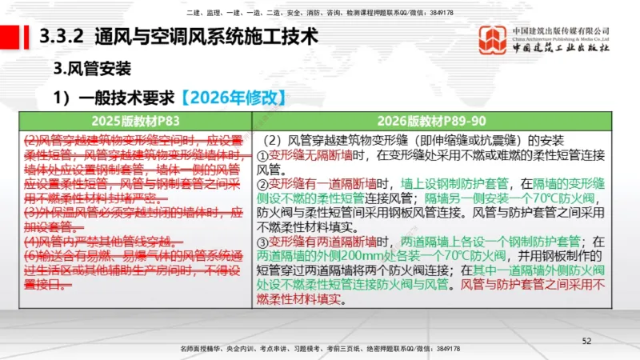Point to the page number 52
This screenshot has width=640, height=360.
pyautogui.click(x=586, y=341)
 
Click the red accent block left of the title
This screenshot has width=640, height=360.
pyautogui.click(x=11, y=36)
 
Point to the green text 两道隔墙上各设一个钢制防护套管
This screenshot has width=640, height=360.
pyautogui.click(x=489, y=242)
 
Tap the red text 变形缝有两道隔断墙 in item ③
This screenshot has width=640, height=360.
pyautogui.click(x=320, y=242)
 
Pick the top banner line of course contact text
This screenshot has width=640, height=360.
pyautogui.click(x=319, y=13)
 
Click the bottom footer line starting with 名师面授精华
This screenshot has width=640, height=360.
pyautogui.click(x=319, y=350)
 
